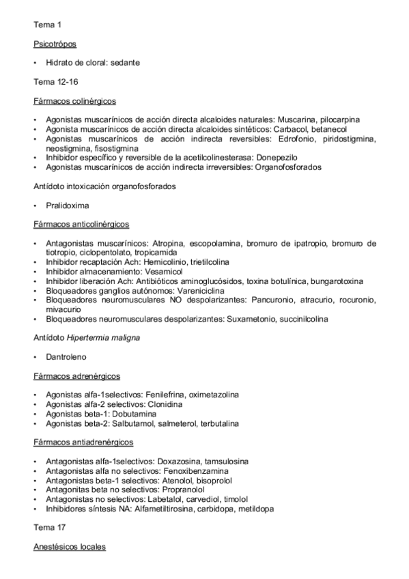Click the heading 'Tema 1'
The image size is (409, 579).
47,25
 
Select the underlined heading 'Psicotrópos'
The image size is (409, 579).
55,44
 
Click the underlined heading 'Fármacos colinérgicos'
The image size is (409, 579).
74,101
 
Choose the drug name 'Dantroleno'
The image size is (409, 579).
66,356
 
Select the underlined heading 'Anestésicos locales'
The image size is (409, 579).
70,547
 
